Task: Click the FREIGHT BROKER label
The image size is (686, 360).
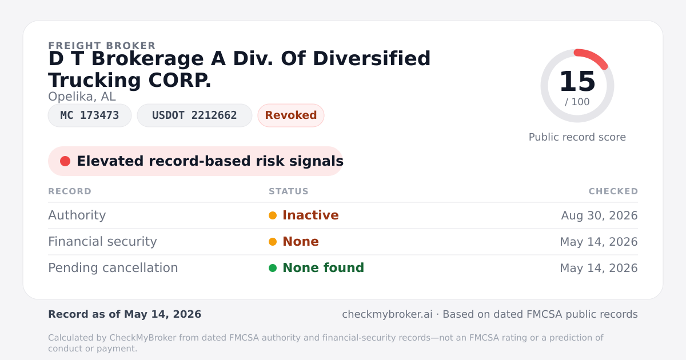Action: [102, 46]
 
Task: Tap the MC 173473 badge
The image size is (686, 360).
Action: [90, 115]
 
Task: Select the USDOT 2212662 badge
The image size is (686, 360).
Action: [194, 115]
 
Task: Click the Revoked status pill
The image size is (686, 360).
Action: [290, 115]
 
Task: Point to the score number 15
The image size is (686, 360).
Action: [577, 81]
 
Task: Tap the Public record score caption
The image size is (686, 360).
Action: [577, 137]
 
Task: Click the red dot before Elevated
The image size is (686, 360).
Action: [65, 161]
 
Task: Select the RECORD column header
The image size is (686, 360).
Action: [70, 191]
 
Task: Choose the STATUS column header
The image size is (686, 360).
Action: [289, 191]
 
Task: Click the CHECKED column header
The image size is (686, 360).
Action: [613, 191]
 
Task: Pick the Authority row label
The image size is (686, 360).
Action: [77, 215]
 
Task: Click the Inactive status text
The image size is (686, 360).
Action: [310, 215]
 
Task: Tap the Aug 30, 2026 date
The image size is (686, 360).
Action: [599, 215]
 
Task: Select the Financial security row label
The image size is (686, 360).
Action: [102, 242]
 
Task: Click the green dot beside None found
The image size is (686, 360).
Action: [273, 268]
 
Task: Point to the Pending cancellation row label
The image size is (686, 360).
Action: [113, 268]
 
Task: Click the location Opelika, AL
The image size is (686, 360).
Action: [82, 97]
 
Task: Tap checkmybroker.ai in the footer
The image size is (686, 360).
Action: [387, 314]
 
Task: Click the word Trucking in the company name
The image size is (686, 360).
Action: [94, 80]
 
